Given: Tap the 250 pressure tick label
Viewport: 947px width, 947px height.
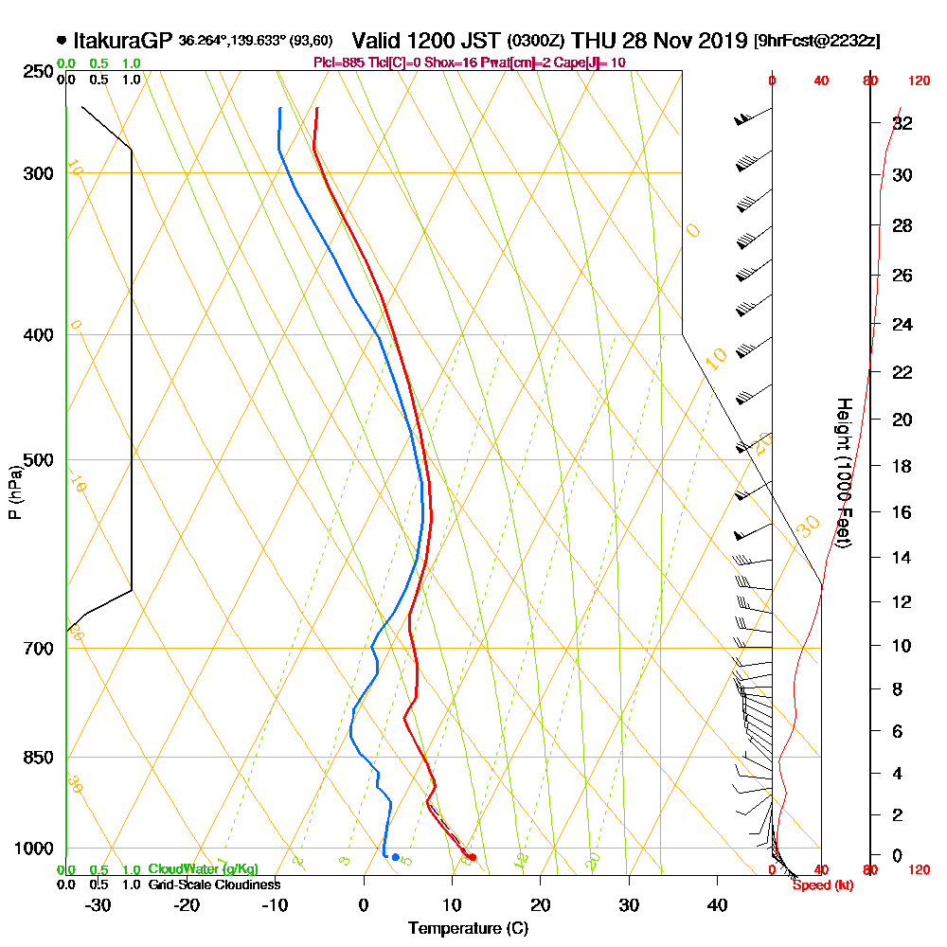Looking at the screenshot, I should click(36, 72).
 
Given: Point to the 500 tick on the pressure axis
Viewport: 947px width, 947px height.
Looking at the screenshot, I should click(36, 460).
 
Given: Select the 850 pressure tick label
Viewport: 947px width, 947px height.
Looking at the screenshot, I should click(36, 757).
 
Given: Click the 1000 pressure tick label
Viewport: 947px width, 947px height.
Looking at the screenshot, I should click(32, 848).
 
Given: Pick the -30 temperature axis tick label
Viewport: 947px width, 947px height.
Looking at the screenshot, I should click(98, 904).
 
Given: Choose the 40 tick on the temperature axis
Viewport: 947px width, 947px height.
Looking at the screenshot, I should click(718, 904).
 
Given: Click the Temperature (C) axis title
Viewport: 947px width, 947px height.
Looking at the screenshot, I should click(468, 929).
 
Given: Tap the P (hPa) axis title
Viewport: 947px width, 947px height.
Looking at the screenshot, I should click(13, 491).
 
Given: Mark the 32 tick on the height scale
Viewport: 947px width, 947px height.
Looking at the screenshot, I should click(902, 123).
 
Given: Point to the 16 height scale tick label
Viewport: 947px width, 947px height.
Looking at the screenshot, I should click(902, 512).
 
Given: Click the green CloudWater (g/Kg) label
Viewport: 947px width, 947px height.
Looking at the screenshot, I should click(203, 869).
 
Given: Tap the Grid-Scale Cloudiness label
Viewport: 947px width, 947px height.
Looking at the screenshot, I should click(213, 884).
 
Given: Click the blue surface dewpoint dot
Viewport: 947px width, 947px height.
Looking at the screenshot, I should click(395, 857).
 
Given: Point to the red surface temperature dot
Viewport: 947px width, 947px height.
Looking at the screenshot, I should click(472, 858).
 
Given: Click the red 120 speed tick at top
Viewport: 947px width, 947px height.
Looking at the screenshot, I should click(918, 81).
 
